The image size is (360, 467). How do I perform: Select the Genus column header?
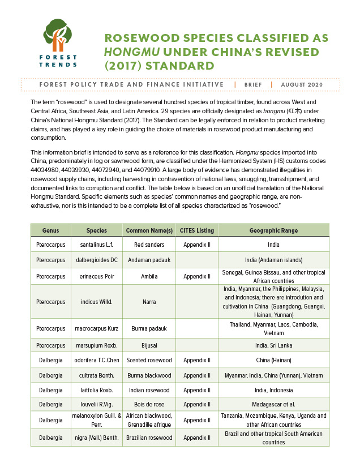tap(50, 230)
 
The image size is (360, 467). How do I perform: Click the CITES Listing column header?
tap(197, 230)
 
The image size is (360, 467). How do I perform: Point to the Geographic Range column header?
tap(273, 230)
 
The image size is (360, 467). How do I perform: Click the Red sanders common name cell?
tap(149, 245)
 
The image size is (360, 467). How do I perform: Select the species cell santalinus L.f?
tap(97, 245)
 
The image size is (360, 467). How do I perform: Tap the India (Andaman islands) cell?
tap(273, 260)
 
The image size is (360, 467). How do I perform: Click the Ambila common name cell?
tap(149, 276)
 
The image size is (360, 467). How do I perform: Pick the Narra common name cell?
tap(149, 302)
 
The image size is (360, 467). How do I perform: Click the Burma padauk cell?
tap(149, 329)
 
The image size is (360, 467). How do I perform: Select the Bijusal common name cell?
tap(149, 345)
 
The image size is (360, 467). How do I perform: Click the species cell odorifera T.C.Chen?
tap(97, 360)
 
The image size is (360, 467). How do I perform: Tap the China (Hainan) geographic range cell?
tap(273, 360)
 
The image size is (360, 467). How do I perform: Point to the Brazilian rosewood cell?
tap(149, 438)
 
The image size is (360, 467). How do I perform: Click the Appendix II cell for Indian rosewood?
tap(197, 390)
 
